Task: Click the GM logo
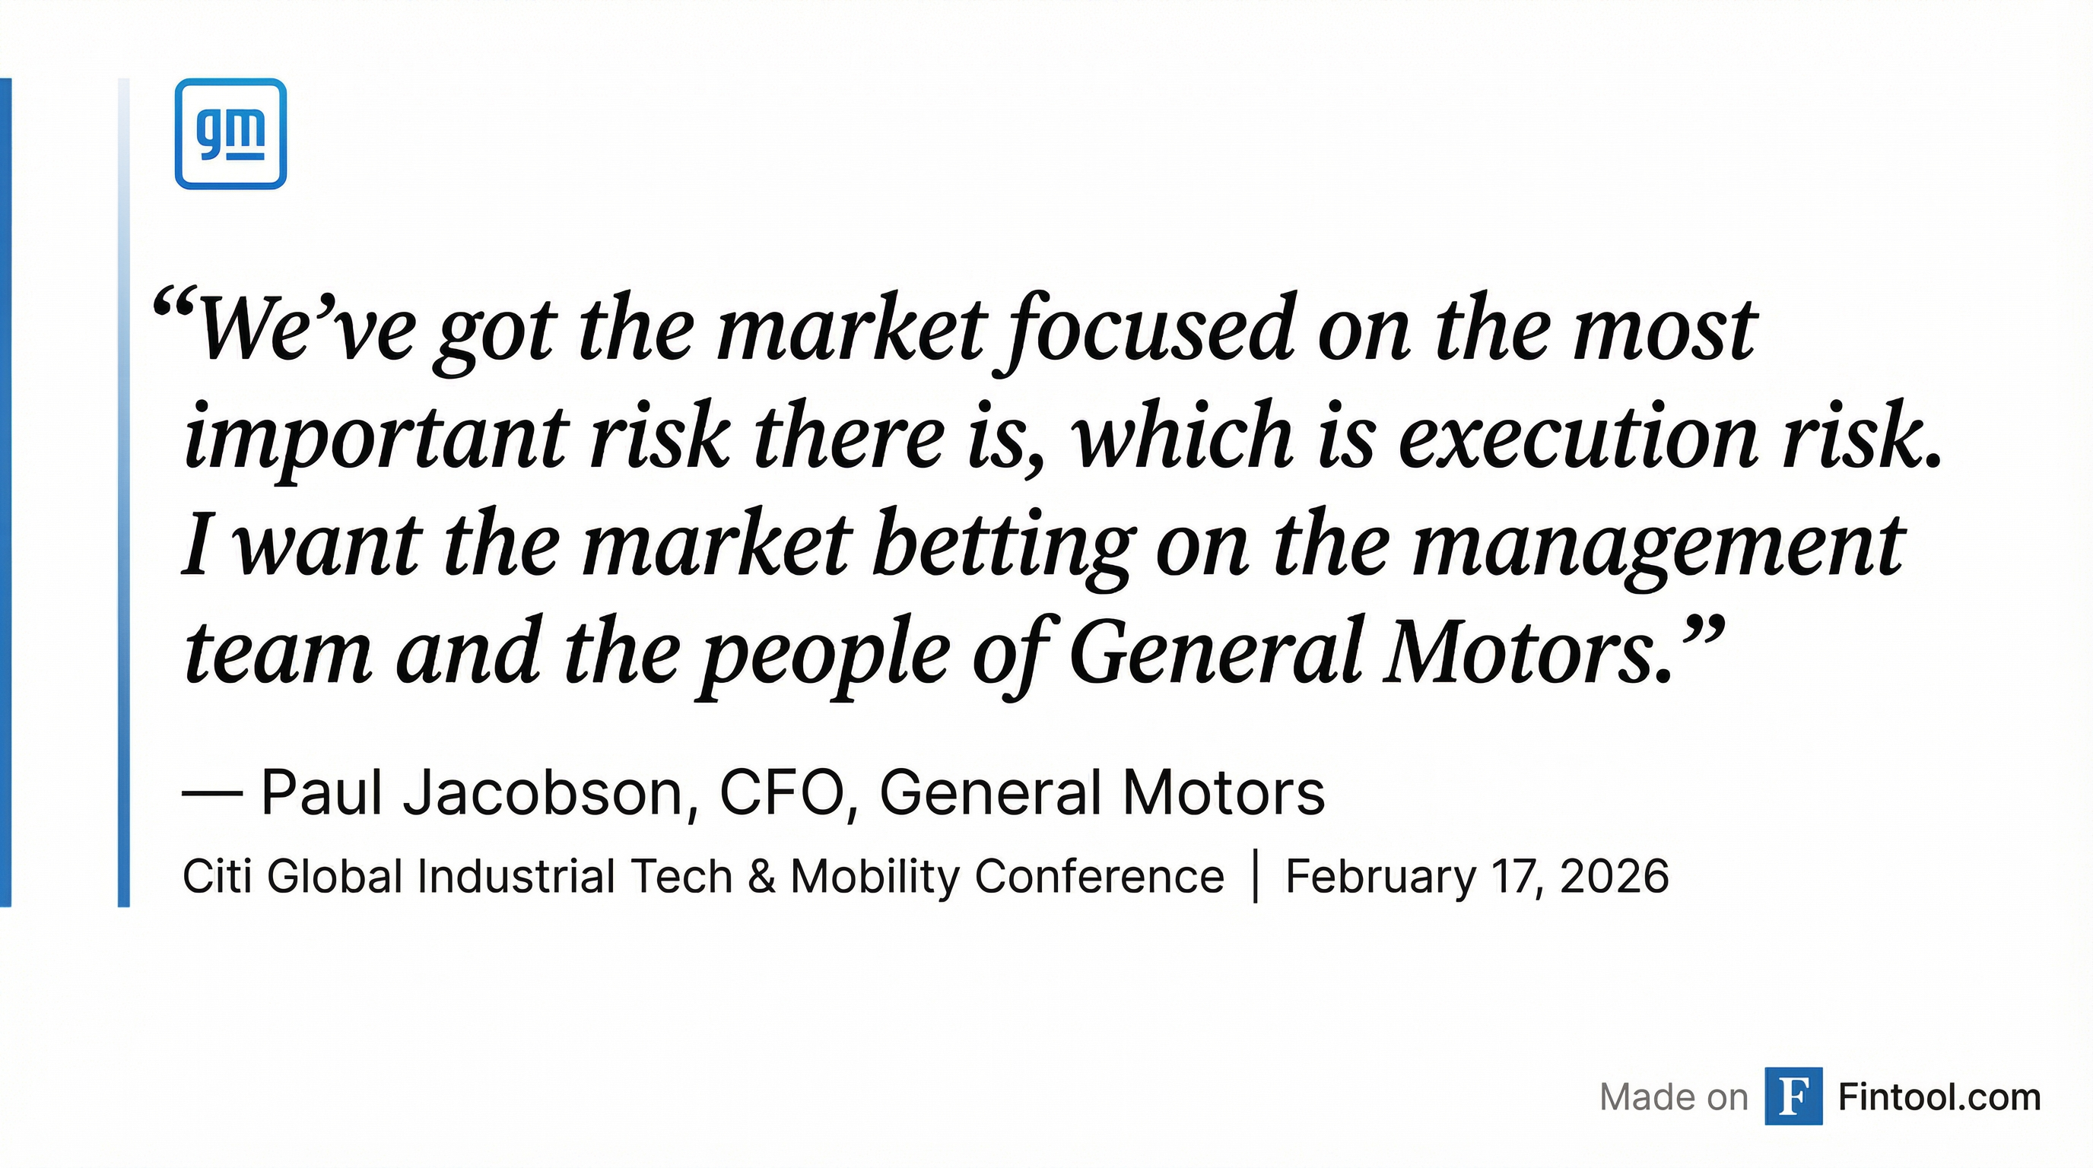230,134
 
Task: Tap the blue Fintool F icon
1793,1097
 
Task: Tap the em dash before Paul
212,795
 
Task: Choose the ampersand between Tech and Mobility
761,878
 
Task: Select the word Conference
1099,878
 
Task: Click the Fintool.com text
1939,1097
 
